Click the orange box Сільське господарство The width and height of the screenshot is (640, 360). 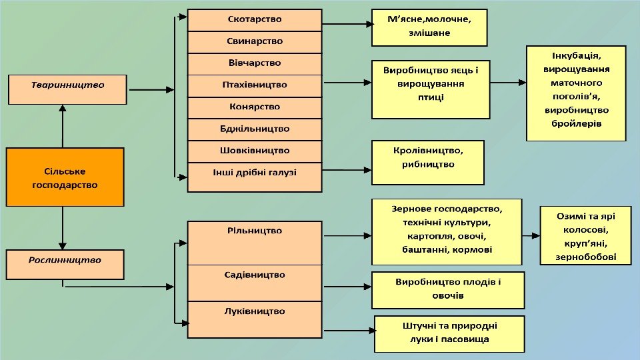65,177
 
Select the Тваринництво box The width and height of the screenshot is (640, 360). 67,89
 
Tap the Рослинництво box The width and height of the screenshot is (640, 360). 65,264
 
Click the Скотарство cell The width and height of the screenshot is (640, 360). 255,19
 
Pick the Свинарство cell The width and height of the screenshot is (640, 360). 255,41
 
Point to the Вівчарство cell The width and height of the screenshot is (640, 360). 255,63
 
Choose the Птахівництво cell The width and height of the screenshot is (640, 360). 255,85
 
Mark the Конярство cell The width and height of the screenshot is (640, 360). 255,107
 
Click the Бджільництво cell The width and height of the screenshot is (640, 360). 255,129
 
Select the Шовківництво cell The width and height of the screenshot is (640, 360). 255,151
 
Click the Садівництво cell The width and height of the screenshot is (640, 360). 255,283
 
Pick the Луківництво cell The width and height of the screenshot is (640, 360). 255,319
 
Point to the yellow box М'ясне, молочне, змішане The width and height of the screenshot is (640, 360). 429,27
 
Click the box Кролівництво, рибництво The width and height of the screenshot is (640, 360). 427,161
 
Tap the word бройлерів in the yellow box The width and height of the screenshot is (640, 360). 576,124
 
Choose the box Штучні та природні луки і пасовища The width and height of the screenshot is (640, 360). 449,333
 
